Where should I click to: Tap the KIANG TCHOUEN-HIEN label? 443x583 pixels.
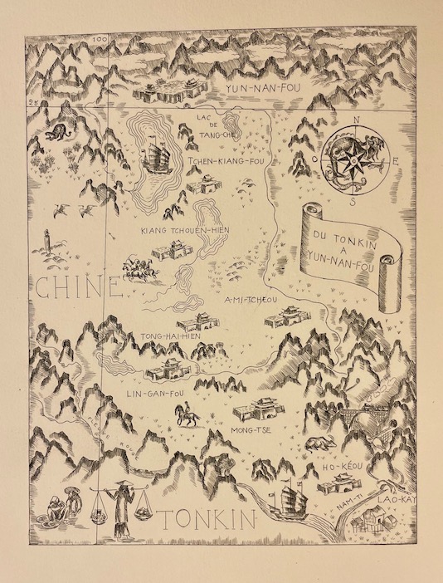click(184, 229)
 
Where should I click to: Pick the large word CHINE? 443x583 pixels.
click(78, 290)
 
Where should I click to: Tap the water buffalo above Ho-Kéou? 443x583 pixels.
click(317, 443)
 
